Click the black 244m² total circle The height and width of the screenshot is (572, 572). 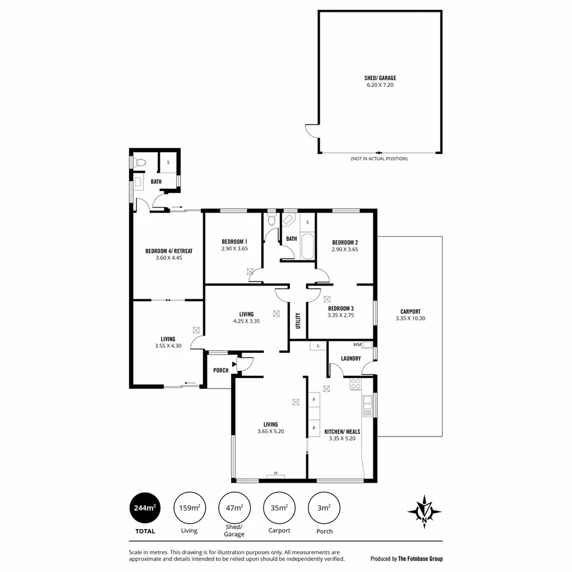pos(145,508)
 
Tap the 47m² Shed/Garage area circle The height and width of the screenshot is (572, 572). pos(234,508)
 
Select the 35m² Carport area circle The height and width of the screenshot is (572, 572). pos(279,508)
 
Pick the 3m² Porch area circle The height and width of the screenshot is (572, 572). pos(324,508)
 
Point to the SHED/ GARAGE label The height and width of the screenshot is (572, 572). pos(380,78)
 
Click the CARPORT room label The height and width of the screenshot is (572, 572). pos(410,311)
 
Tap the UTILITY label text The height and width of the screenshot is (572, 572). pos(298,320)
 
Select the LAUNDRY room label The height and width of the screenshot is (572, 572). pos(351,359)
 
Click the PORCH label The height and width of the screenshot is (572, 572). pos(220,370)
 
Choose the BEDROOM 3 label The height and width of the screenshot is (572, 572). pos(341,308)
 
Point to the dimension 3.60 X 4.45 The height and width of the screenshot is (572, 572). pos(168,258)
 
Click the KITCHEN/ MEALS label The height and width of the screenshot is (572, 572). pos(342,432)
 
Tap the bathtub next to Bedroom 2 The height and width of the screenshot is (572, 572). pos(307,246)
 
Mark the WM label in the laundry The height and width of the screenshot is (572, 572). pos(357,345)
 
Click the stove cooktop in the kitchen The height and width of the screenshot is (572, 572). pos(355,384)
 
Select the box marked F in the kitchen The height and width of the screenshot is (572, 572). pos(314,399)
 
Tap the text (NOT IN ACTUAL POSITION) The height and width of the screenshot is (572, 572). pos(379,159)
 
